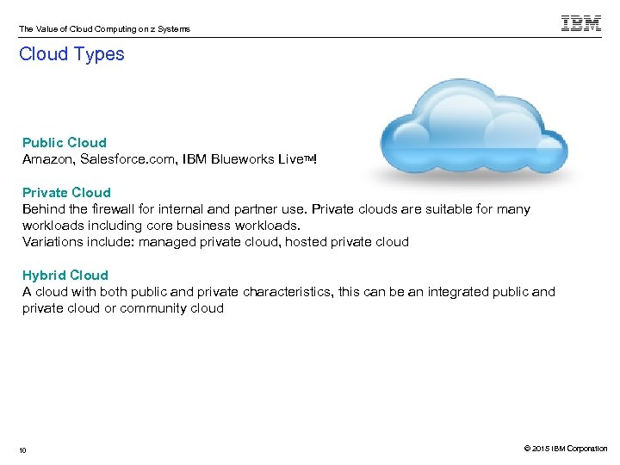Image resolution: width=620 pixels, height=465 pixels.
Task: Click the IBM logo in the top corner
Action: tap(581, 23)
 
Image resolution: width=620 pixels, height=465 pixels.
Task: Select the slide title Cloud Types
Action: tap(71, 54)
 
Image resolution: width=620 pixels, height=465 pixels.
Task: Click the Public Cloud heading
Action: tap(65, 143)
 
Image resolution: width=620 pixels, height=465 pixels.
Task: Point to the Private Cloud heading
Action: tap(66, 193)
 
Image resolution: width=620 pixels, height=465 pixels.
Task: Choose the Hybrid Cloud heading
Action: tap(65, 276)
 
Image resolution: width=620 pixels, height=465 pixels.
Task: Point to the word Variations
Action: tap(51, 242)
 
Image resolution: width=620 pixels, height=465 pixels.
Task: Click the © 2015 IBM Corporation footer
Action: tap(565, 449)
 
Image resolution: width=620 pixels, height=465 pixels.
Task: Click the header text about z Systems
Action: tap(104, 29)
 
